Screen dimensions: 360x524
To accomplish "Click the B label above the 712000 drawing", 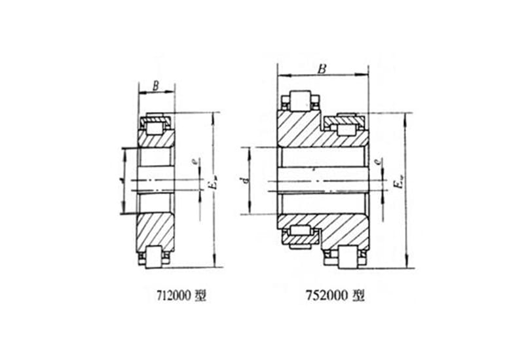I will tap(155, 84).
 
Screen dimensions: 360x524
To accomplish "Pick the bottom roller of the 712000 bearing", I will tap(157, 257).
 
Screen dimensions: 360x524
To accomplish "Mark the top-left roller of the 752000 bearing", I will tap(300, 100).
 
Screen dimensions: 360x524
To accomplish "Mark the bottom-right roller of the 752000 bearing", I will tap(348, 257).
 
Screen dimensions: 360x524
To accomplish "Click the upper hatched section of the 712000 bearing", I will tap(156, 141).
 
